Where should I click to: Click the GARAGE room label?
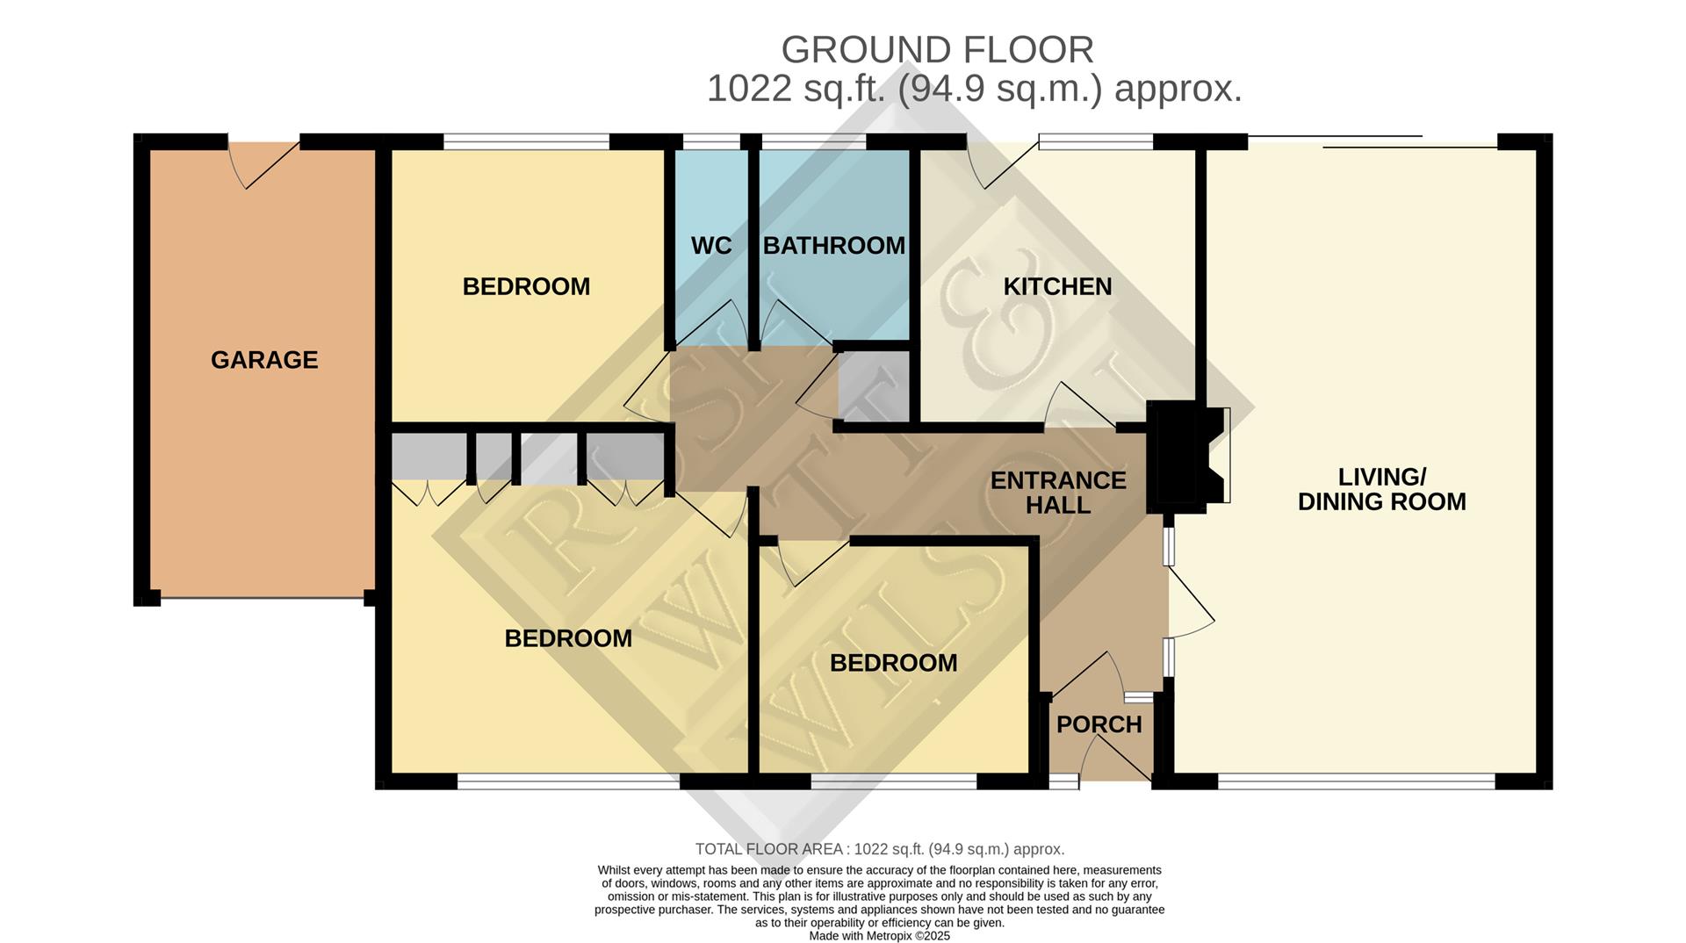(x=264, y=360)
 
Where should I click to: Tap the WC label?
(x=710, y=246)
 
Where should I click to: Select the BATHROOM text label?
(x=833, y=246)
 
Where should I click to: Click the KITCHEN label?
(x=1057, y=287)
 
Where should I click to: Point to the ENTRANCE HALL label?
(x=1058, y=493)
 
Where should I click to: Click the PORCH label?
(x=1099, y=724)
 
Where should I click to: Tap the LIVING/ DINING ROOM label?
(x=1381, y=490)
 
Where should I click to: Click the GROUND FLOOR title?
(x=937, y=50)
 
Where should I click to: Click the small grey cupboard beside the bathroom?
(x=874, y=386)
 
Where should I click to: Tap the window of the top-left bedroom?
(x=526, y=141)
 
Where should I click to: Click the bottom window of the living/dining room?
(x=1356, y=781)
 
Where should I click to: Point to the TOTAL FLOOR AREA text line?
(x=879, y=849)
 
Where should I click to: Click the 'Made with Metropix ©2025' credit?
(x=879, y=936)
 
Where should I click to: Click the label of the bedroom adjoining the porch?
(x=893, y=663)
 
